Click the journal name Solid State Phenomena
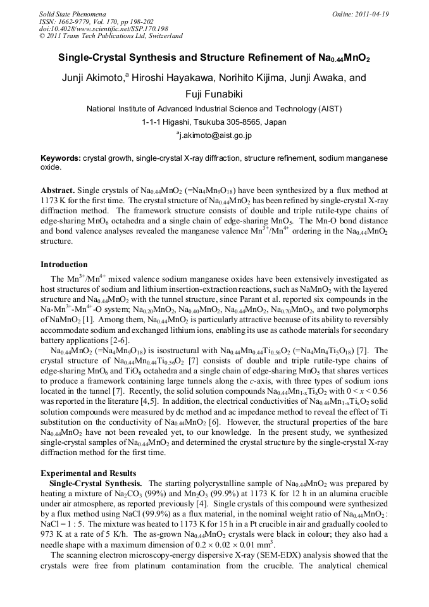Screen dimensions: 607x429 point(72,14)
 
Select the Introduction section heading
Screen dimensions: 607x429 point(64,264)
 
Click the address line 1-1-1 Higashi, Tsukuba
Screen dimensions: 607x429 point(214,122)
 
